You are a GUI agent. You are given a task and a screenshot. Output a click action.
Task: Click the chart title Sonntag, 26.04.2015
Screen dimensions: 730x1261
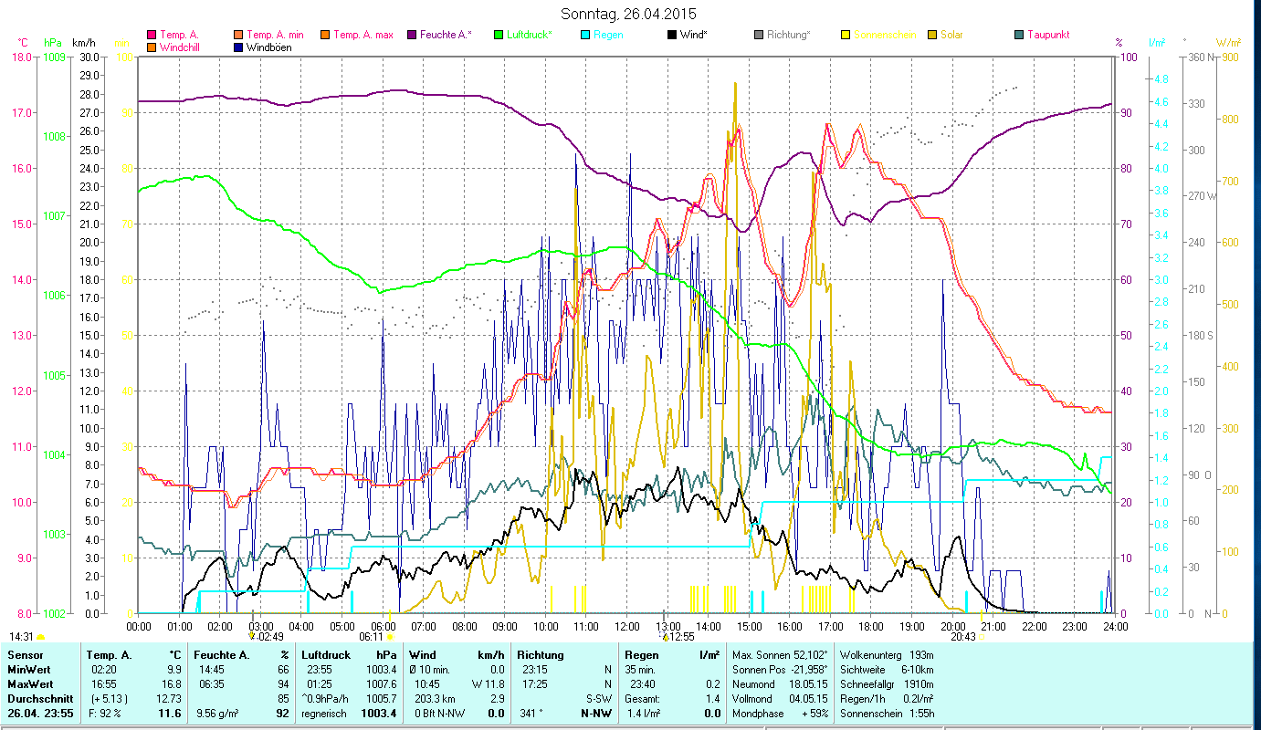[630, 14]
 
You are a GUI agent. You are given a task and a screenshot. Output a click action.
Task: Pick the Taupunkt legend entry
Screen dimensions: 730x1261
[1047, 35]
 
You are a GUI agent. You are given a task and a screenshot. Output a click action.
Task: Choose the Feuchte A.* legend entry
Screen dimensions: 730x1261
[446, 35]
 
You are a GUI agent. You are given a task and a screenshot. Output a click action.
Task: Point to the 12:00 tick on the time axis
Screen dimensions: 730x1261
[626, 627]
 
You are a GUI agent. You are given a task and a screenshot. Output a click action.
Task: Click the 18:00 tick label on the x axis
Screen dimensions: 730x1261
[871, 627]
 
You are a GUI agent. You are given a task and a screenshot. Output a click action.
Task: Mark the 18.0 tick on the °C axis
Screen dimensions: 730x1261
[21, 57]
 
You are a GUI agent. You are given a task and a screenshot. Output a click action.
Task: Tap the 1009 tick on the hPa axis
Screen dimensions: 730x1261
[53, 57]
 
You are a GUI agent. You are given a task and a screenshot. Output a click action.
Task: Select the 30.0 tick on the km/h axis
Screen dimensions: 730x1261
[89, 57]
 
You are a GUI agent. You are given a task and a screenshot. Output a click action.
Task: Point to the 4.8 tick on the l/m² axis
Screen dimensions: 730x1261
[1161, 79]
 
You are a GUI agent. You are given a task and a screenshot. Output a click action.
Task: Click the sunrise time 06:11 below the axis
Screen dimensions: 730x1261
[372, 637]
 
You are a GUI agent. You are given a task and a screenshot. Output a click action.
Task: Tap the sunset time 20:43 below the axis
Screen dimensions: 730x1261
[962, 637]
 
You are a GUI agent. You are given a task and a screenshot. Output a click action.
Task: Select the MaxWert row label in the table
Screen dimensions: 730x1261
[31, 683]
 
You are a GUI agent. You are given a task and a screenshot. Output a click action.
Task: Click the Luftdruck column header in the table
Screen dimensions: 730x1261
[325, 654]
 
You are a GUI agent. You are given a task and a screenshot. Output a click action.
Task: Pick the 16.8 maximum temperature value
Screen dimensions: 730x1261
[172, 683]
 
